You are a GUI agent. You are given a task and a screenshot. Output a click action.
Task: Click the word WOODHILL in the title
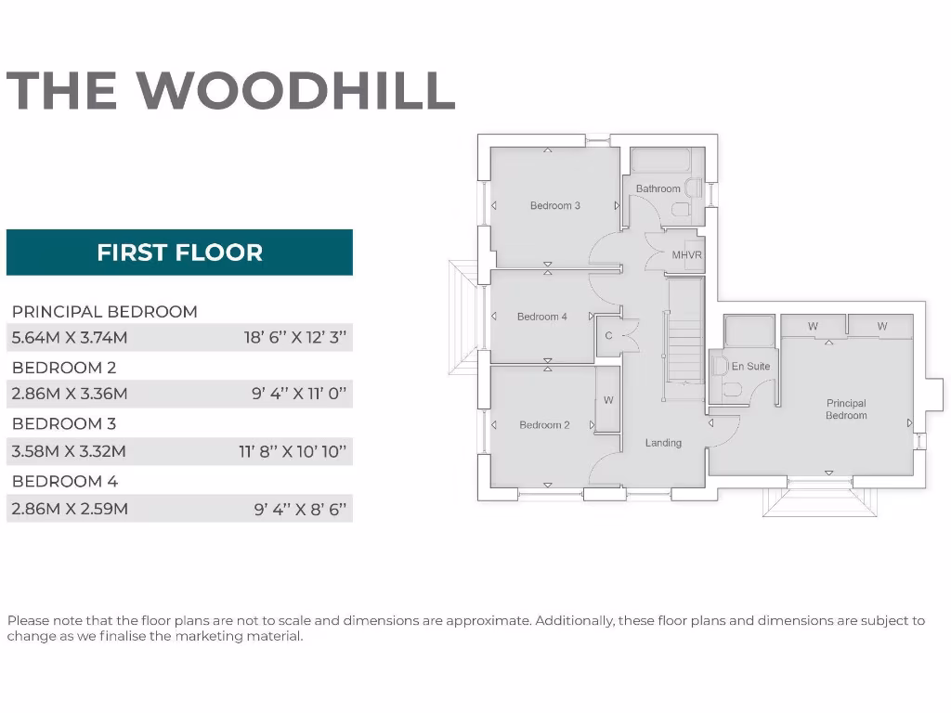[296, 90]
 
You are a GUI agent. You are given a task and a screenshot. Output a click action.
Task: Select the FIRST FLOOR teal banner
[179, 253]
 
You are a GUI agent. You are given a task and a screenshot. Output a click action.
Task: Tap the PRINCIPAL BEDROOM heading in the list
[105, 311]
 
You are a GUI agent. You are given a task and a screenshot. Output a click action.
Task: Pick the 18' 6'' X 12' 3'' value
[295, 337]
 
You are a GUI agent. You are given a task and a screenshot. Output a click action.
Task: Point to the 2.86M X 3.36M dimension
[70, 394]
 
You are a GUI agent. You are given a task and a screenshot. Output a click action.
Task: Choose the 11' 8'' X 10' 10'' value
[293, 452]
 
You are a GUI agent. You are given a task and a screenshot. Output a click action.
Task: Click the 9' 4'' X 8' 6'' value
[300, 509]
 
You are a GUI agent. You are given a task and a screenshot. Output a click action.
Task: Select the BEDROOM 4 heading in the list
[65, 481]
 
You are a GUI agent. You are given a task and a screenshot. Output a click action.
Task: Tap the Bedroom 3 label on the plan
[555, 205]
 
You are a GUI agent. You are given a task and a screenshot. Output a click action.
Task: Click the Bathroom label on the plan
[658, 188]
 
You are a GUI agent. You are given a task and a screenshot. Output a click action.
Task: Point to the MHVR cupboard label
[687, 254]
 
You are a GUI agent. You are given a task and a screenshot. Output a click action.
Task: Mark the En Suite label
[750, 366]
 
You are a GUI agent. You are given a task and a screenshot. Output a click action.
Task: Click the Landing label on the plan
[663, 443]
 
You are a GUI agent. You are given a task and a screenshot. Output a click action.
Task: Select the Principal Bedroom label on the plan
[846, 409]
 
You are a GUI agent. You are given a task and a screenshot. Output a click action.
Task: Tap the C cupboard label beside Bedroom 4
[609, 335]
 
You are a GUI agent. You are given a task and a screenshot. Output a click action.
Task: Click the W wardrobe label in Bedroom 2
[608, 400]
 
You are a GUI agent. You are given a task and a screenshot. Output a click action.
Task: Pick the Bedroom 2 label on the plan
[544, 425]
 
